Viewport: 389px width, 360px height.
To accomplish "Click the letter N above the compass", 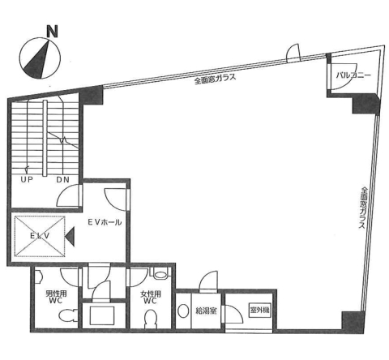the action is [x=52, y=31].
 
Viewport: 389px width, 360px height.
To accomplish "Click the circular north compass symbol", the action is [x=40, y=58].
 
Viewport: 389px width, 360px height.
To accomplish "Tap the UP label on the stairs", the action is [x=27, y=179].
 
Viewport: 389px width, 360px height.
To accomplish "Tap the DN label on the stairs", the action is [x=63, y=179].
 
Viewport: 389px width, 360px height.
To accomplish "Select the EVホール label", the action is [x=105, y=222].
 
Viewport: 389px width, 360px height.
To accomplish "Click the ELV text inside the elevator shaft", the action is [x=40, y=236].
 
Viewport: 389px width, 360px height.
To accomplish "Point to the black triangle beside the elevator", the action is [x=70, y=237].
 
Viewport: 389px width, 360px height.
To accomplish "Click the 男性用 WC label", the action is [x=56, y=297].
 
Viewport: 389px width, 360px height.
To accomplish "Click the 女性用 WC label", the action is [x=151, y=297].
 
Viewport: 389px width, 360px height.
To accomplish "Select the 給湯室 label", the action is [x=206, y=311].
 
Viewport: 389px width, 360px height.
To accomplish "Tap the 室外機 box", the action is [x=259, y=310].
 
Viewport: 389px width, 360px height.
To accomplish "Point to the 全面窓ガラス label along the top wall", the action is [x=216, y=79].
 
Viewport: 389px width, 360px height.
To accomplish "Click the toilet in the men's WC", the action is [x=66, y=316].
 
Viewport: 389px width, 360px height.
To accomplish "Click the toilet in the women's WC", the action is [x=150, y=319].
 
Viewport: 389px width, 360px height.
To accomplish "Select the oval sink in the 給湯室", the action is [x=183, y=311].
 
